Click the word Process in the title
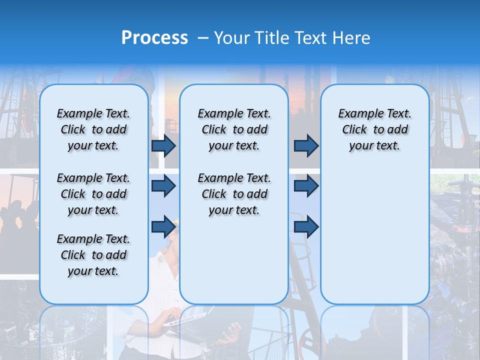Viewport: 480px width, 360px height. click(154, 38)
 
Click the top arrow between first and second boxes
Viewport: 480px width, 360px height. click(163, 145)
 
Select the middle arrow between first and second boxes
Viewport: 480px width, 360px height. click(163, 186)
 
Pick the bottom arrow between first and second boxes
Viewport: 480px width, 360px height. click(163, 226)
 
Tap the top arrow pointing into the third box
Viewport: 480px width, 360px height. click(306, 145)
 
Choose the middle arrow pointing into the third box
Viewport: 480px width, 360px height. click(306, 186)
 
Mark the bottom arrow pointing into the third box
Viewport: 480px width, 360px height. click(306, 226)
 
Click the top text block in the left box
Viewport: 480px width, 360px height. click(93, 129)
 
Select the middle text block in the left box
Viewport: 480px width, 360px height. click(93, 194)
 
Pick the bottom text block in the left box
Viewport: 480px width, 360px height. click(93, 255)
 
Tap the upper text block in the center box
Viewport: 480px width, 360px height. click(234, 129)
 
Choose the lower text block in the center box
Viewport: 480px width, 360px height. click(234, 194)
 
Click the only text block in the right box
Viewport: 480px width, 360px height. click(374, 129)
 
